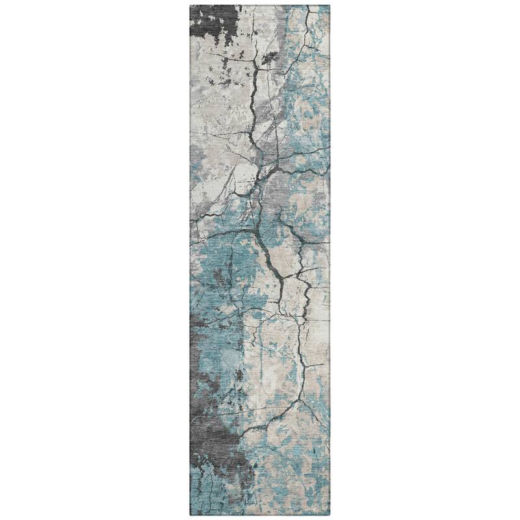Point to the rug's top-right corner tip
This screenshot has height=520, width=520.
330,5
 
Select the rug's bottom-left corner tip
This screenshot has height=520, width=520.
189,515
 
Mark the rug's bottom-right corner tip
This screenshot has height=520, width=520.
330,515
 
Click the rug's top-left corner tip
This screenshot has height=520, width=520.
189,5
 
